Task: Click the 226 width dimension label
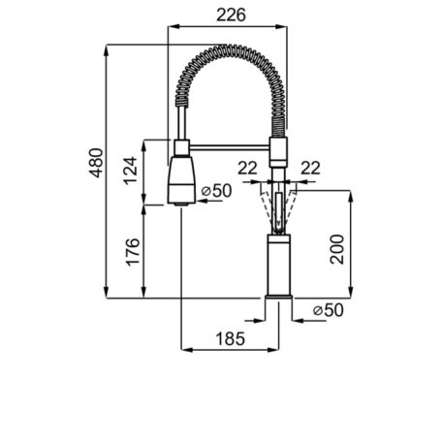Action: click(231, 15)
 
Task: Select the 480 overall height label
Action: click(96, 163)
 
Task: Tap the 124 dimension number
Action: click(131, 171)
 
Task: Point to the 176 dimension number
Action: click(133, 252)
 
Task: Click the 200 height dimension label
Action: click(337, 249)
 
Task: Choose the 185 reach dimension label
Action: click(231, 339)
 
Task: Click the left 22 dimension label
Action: click(247, 168)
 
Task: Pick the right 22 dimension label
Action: click(310, 168)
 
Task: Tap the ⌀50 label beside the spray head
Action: click(216, 191)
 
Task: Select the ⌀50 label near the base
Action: click(329, 310)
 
